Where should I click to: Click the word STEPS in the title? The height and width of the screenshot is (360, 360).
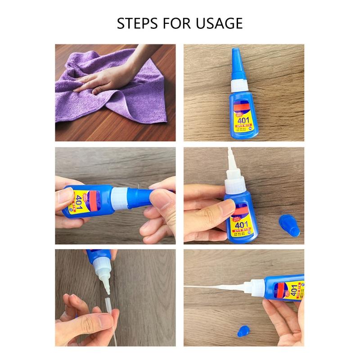point(136,23)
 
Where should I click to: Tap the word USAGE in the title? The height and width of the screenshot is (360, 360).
point(218,23)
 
